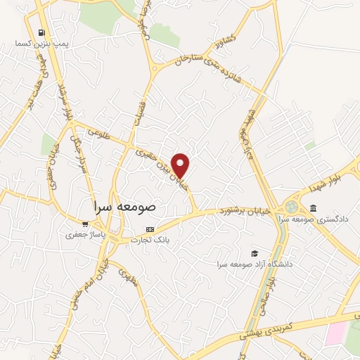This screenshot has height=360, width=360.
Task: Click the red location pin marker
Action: [181, 165]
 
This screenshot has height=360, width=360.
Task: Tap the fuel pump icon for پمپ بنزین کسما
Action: [42, 32]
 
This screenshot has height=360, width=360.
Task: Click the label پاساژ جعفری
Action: [85, 234]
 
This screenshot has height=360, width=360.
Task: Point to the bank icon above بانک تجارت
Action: [150, 229]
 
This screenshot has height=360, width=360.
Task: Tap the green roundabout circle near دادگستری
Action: [290, 208]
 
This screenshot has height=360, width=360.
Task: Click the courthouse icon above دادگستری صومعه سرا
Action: [313, 208]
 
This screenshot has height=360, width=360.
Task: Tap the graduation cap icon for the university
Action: [254, 253]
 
